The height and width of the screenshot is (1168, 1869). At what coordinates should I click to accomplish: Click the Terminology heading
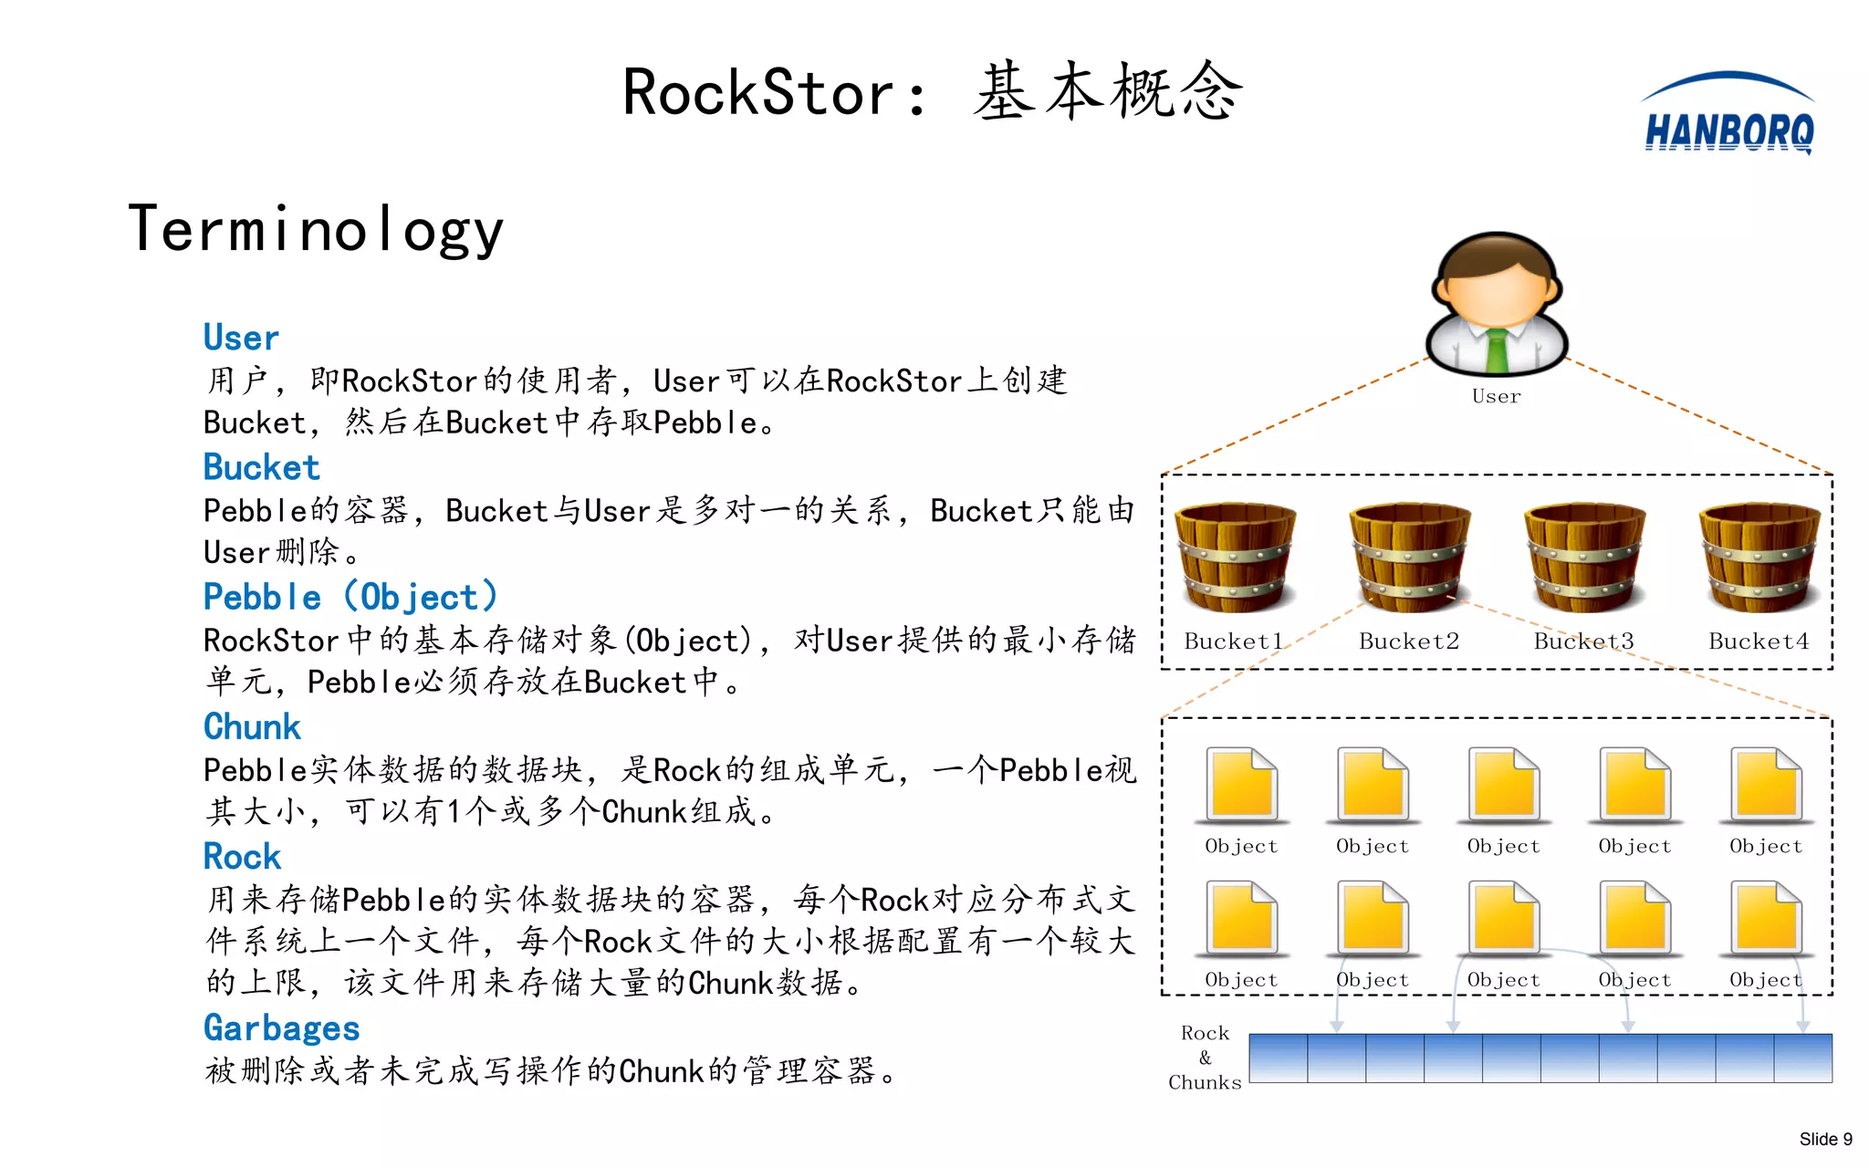[316, 229]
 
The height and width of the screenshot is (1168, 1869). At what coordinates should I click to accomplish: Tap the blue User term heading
[241, 338]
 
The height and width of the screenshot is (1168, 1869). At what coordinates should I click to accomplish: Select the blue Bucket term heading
[262, 467]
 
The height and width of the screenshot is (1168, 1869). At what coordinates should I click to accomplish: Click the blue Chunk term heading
[252, 726]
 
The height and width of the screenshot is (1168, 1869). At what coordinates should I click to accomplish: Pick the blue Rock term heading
[242, 856]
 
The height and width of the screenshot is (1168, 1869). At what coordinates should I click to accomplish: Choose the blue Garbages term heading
[281, 1027]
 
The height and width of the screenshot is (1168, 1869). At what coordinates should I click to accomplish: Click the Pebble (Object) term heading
[350, 597]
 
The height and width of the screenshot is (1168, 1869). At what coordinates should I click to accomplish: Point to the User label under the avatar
[1497, 396]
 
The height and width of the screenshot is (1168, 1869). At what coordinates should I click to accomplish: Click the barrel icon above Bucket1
[1235, 557]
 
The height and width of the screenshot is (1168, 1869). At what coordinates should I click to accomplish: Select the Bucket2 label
[1409, 641]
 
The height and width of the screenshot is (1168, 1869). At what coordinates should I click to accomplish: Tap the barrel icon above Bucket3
[1584, 557]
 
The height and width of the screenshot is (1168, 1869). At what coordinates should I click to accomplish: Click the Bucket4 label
[1759, 641]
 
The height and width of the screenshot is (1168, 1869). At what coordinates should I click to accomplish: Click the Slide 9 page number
[1825, 1139]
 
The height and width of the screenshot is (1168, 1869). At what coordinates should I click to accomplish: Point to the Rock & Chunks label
[1205, 1058]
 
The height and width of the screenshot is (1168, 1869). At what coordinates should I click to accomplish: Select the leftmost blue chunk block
[1278, 1058]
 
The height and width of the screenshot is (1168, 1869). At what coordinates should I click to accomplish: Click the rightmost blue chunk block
[1803, 1058]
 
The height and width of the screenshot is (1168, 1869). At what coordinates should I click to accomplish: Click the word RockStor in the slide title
[757, 93]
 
